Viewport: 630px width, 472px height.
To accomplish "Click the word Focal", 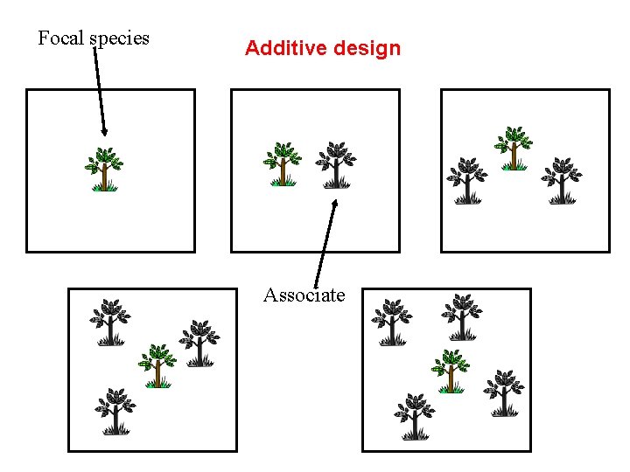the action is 60,38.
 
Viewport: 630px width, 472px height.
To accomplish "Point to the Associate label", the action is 304,295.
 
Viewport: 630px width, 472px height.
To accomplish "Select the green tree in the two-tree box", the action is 283,164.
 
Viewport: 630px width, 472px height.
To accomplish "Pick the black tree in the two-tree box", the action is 335,164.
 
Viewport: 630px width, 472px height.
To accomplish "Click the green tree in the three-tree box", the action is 514,148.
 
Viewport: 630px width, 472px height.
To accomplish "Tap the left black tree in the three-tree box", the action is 468,180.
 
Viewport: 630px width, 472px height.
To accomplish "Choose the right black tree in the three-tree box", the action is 562,180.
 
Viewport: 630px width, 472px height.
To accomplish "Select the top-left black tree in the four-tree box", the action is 110,322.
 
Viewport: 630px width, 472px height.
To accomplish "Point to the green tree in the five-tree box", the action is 451,371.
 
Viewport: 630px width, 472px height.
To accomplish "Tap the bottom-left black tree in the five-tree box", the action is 415,416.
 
